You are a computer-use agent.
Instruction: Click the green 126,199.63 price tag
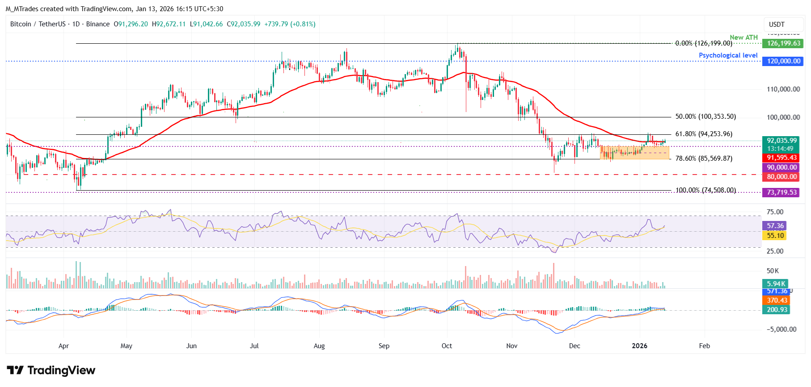click(x=783, y=43)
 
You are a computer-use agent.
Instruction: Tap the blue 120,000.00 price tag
click(x=783, y=61)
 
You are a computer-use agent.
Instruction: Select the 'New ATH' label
click(x=743, y=37)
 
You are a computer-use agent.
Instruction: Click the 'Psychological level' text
click(x=728, y=55)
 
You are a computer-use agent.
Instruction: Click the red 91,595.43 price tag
click(x=781, y=158)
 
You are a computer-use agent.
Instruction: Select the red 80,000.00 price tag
click(x=781, y=177)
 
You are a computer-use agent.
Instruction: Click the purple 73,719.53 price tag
click(x=781, y=192)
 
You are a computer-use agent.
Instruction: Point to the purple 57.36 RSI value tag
click(x=775, y=226)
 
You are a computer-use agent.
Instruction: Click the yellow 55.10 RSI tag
click(x=775, y=236)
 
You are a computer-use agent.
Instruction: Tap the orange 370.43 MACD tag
click(x=777, y=300)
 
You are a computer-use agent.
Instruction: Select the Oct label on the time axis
click(x=447, y=346)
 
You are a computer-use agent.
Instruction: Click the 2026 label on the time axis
click(x=639, y=346)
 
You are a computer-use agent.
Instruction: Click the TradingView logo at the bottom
click(x=51, y=370)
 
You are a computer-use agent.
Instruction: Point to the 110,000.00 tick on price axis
click(x=783, y=89)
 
